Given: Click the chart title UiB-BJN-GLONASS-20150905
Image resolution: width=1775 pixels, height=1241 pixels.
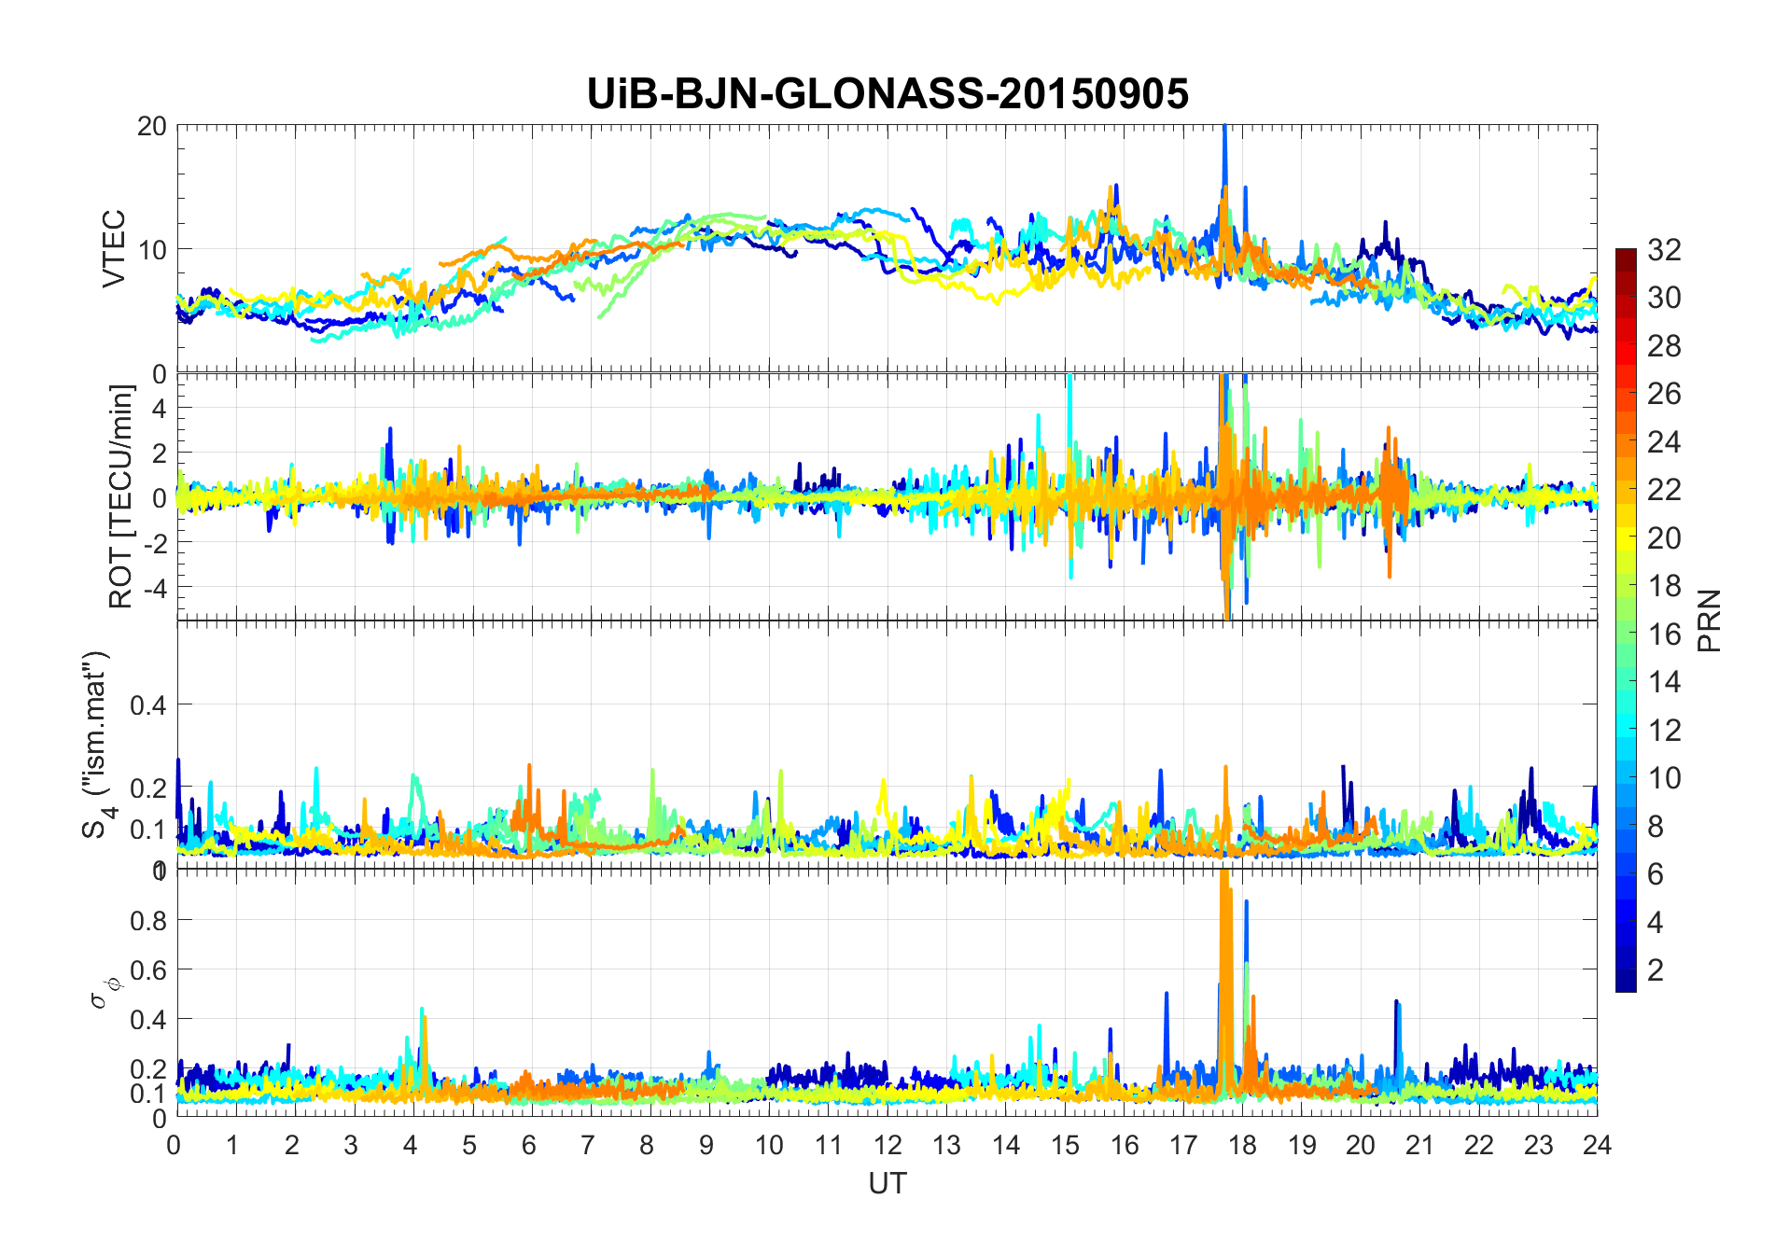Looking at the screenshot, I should [x=887, y=94].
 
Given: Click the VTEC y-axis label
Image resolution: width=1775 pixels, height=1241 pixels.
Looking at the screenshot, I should [x=114, y=248].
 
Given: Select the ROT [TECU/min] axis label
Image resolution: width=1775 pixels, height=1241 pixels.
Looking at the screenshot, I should [x=121, y=496].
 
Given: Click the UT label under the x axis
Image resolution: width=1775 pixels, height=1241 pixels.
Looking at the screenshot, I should [x=887, y=1183].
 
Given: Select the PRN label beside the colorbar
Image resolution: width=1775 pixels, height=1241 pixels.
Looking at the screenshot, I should [x=1710, y=620].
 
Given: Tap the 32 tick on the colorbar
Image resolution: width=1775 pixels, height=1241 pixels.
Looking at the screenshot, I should [x=1664, y=249].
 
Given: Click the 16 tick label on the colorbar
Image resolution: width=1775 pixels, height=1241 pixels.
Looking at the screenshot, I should [x=1664, y=634].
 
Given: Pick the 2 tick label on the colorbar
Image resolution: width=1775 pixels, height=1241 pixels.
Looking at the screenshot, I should [x=1656, y=970].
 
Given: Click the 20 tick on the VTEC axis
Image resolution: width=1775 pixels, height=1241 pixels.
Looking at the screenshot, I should [x=152, y=126].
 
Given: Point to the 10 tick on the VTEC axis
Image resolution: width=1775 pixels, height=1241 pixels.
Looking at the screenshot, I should [x=152, y=249].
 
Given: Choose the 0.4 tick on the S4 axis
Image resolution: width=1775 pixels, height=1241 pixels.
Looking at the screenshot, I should [x=147, y=704].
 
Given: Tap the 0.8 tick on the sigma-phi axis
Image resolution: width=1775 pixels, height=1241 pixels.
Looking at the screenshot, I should [x=147, y=921].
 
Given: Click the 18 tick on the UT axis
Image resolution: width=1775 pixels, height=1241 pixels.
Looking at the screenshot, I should [x=1242, y=1145].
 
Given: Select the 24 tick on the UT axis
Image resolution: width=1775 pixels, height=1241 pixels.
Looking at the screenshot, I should [x=1597, y=1145].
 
